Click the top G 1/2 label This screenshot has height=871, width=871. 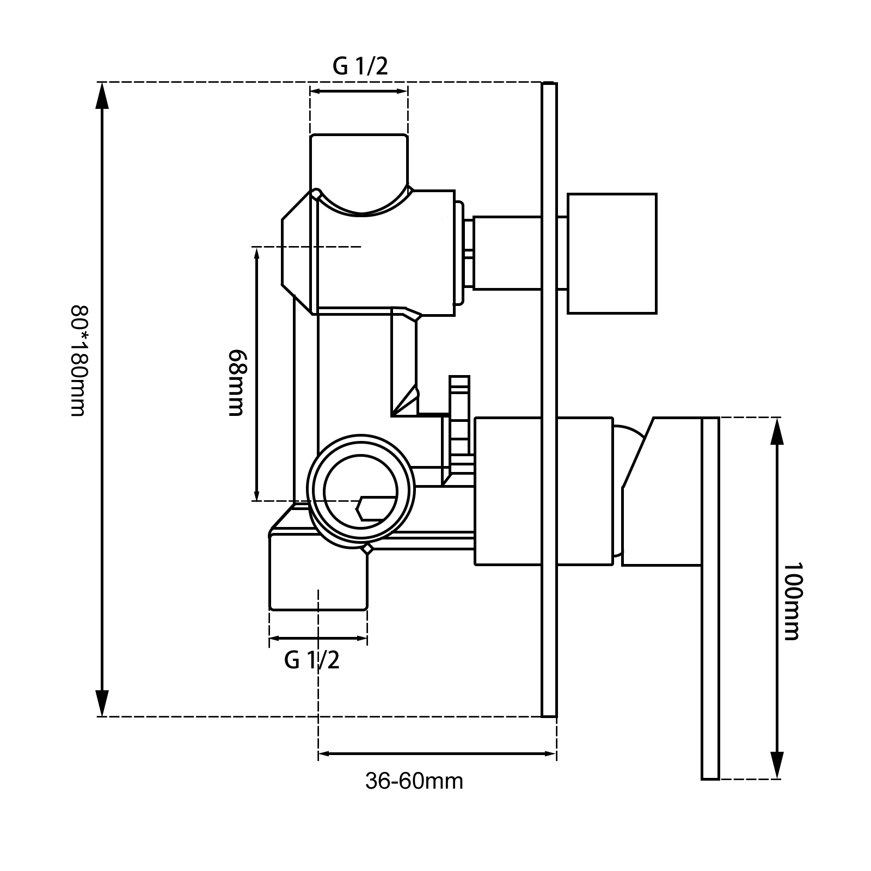360,66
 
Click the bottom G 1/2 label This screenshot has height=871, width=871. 312,660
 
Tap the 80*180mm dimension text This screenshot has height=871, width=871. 78,361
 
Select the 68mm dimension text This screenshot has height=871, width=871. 235,382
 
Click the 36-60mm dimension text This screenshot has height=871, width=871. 414,781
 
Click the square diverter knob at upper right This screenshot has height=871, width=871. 612,253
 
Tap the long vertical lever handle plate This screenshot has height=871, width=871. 710,599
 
